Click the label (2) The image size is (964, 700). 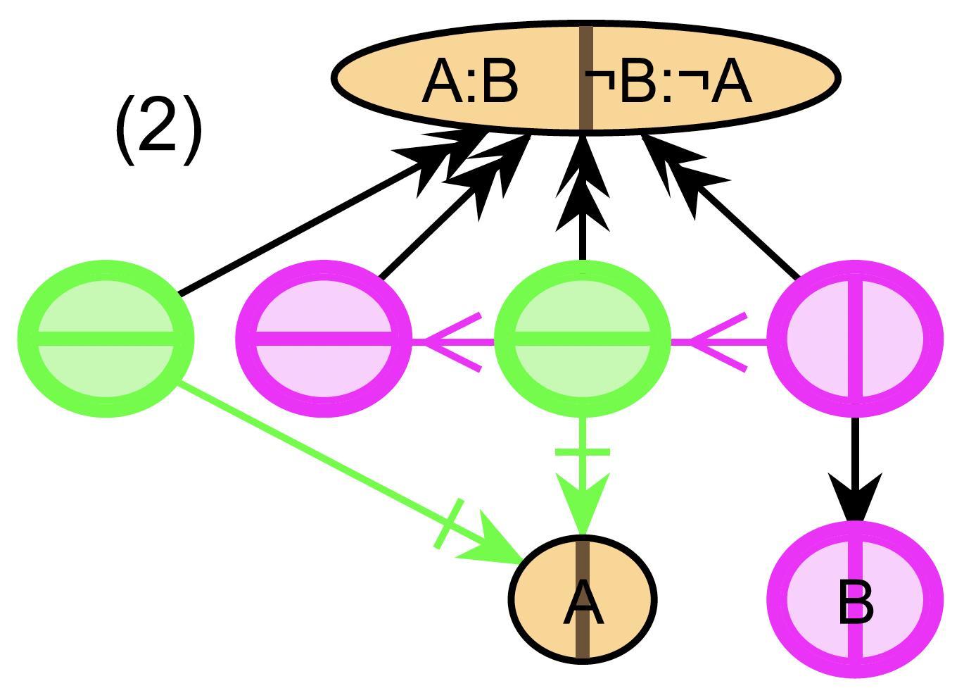tap(158, 130)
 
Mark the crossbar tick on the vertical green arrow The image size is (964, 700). tap(583, 451)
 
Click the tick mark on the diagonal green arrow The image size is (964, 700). tap(448, 524)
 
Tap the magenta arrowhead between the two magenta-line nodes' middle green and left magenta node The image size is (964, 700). tap(450, 342)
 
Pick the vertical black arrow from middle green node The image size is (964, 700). tap(583, 211)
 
